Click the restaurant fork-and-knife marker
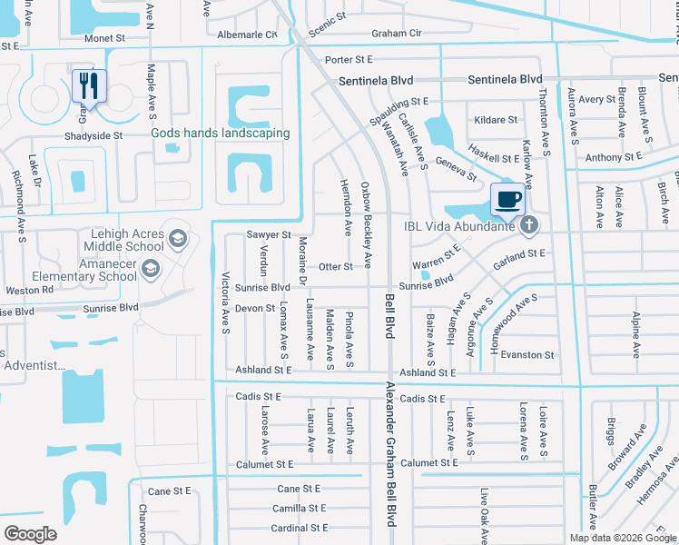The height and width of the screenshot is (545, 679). tap(89, 86)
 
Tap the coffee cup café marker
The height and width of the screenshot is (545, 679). tap(507, 197)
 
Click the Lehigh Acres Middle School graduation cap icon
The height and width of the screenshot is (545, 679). tap(178, 240)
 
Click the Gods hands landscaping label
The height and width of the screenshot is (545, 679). tap(221, 134)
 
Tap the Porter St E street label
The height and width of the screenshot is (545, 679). tap(349, 59)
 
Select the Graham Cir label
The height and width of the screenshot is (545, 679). tap(397, 34)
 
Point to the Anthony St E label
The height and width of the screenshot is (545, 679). tap(616, 158)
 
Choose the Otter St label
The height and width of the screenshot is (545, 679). tap(335, 267)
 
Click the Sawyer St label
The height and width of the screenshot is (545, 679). tap(268, 234)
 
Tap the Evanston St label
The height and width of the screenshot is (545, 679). tap(528, 355)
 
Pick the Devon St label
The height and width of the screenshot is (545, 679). tap(255, 309)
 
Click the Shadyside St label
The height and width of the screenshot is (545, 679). tap(93, 135)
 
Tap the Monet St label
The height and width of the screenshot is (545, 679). tap(104, 39)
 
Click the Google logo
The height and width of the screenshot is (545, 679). tap(31, 533)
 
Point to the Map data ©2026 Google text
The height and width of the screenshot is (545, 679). tap(622, 538)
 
